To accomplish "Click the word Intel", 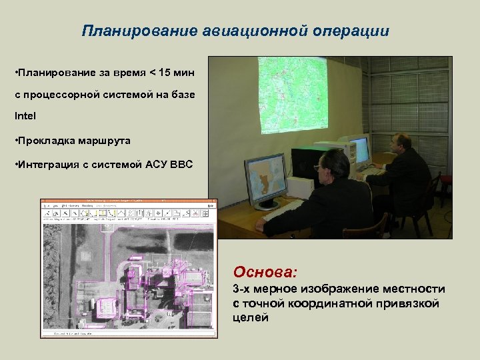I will [25, 116].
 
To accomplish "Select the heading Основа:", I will [265, 272].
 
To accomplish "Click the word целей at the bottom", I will [250, 317].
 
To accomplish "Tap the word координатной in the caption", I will [331, 303].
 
